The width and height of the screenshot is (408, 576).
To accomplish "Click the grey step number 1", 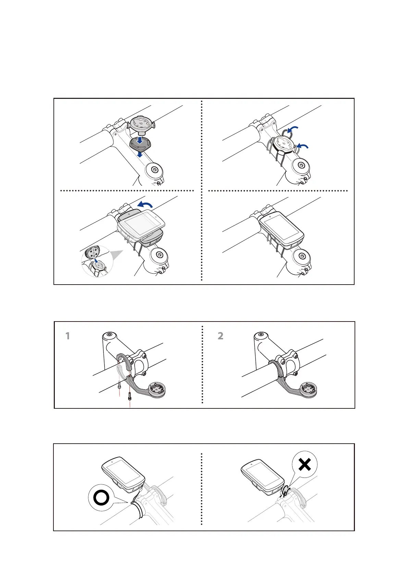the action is point(68,336).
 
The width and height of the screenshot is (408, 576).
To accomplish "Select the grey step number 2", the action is point(221,336).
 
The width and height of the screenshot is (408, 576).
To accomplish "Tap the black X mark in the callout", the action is point(305,464).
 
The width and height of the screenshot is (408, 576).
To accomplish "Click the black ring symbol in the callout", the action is point(101,498).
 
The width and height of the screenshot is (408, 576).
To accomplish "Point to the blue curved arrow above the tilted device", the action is point(145,205).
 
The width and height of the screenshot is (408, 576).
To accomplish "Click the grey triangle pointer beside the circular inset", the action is point(116,255).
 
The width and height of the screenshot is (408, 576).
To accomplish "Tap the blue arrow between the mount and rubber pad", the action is point(140,140).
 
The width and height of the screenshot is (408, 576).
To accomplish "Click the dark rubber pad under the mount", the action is point(140,146).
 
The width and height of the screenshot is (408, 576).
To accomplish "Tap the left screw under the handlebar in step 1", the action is point(119,385).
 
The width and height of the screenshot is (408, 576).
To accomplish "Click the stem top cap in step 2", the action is point(261,335).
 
